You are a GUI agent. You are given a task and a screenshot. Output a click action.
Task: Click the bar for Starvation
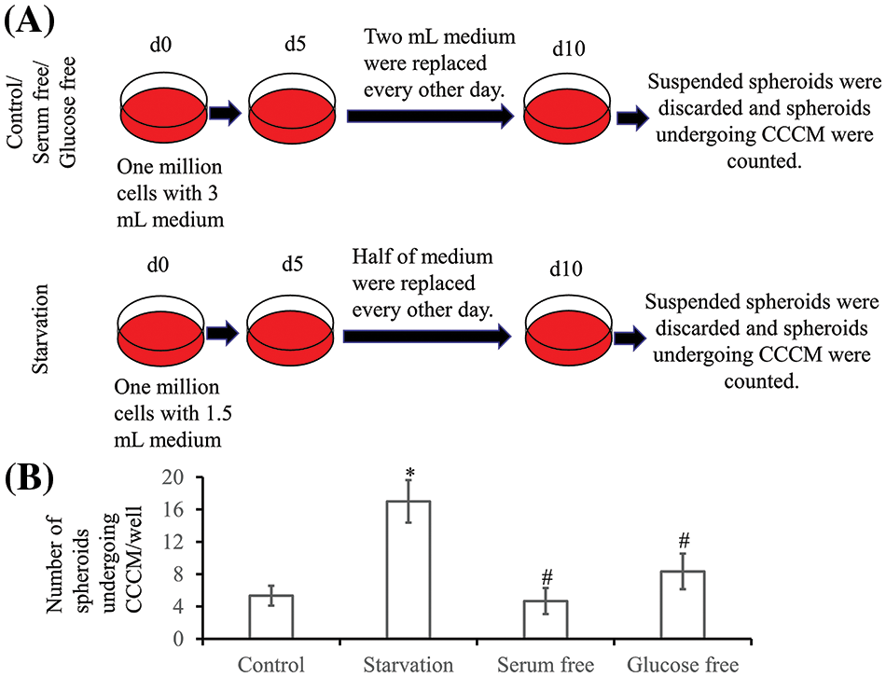coord(408,570)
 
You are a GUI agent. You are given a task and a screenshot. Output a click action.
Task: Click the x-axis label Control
coord(270,664)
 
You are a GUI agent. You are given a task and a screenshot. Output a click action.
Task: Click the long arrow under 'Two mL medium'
coord(430,116)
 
